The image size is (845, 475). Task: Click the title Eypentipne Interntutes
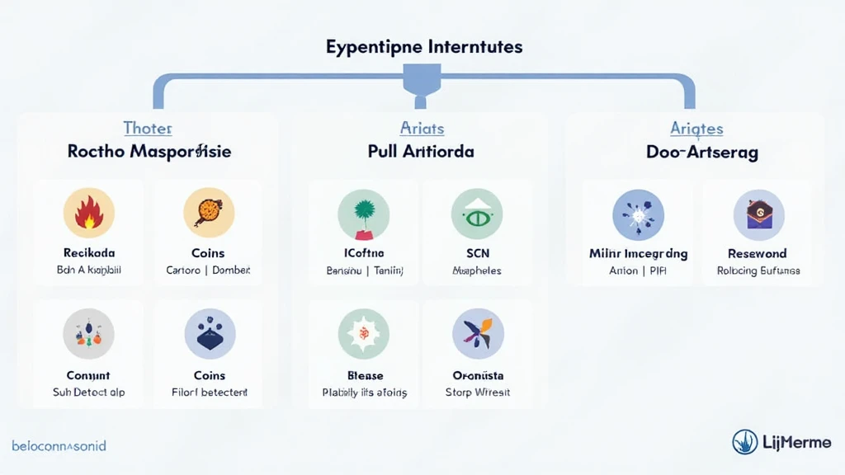(423, 46)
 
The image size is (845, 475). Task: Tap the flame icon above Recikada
(88, 213)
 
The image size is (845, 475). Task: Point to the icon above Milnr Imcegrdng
(638, 214)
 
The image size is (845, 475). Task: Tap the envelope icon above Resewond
(758, 214)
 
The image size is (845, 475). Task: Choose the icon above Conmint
(88, 334)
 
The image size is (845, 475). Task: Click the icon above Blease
(364, 334)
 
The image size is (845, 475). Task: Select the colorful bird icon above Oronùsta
(478, 334)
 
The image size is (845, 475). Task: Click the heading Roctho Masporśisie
(149, 152)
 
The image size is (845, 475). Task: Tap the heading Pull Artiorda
(421, 152)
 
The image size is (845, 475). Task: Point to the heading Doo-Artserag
(703, 152)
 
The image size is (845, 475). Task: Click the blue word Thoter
(148, 128)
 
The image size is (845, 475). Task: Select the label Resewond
(758, 253)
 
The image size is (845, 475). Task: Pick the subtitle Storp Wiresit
(478, 393)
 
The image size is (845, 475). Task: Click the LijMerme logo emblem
(745, 442)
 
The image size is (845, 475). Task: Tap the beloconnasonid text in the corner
(59, 446)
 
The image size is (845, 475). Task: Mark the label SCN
(477, 253)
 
